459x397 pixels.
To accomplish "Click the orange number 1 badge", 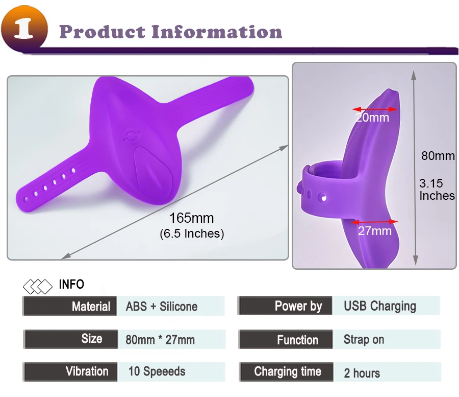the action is pos(24,29).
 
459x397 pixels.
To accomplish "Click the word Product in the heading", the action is pos(102,32).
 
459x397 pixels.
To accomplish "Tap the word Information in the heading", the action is pos(217,32).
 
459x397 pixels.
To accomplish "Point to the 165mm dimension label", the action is pos(192,218).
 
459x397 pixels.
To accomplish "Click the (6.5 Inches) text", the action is pos(192,233).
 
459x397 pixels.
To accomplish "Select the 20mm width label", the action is pos(373,118).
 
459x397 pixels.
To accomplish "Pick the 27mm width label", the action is pos(375,231).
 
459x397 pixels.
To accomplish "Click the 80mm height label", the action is pos(438,156).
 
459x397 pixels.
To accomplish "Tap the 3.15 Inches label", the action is pos(437,190).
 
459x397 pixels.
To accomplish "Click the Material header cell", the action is pos(70,306).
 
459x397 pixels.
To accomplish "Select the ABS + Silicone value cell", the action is pos(171,306).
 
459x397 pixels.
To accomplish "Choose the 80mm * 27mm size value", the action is pos(160,340).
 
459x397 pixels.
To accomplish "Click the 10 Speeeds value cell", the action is pos(171,372).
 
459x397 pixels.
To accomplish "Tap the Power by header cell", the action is pos(285,306).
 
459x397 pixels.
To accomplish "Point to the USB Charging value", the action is pos(380,306).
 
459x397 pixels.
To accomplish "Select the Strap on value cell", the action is pos(387,340).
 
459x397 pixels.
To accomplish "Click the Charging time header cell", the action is pos(286,372).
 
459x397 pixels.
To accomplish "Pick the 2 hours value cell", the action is pos(387,372).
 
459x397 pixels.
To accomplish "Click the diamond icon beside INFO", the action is pos(37,287).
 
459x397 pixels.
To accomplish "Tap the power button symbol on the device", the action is pos(130,136).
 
